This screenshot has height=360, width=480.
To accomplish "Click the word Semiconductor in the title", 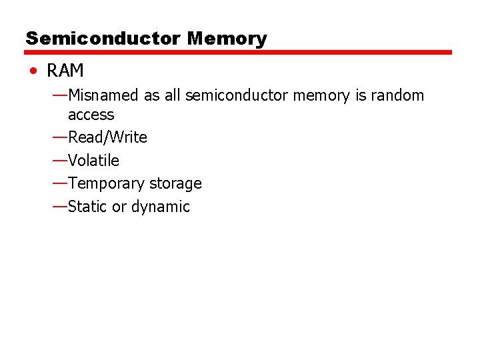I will coord(103,38).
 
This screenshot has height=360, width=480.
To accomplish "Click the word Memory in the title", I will coord(227,38).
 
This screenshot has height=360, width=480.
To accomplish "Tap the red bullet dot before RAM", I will coord(33,71).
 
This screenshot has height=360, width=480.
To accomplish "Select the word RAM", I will coord(65,71).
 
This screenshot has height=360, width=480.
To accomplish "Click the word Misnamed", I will coord(103,95).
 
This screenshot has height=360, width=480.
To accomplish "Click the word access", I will coord(91,115).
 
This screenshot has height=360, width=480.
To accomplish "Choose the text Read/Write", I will coord(107,137).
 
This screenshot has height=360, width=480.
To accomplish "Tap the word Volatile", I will coord(93,161).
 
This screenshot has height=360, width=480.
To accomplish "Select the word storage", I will coord(175,183).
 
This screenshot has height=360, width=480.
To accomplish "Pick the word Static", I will coord(87,207).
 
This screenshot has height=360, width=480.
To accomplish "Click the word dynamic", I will coord(160,207).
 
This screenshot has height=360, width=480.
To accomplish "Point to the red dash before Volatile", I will coord(59,160).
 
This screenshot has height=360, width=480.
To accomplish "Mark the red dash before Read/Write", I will coord(59,137).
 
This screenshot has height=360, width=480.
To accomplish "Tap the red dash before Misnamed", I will coord(59,95).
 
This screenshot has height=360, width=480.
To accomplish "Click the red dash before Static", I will coord(59,206).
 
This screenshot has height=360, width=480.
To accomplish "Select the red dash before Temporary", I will coord(59,183).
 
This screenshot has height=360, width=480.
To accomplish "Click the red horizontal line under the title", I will coord(239,52).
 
